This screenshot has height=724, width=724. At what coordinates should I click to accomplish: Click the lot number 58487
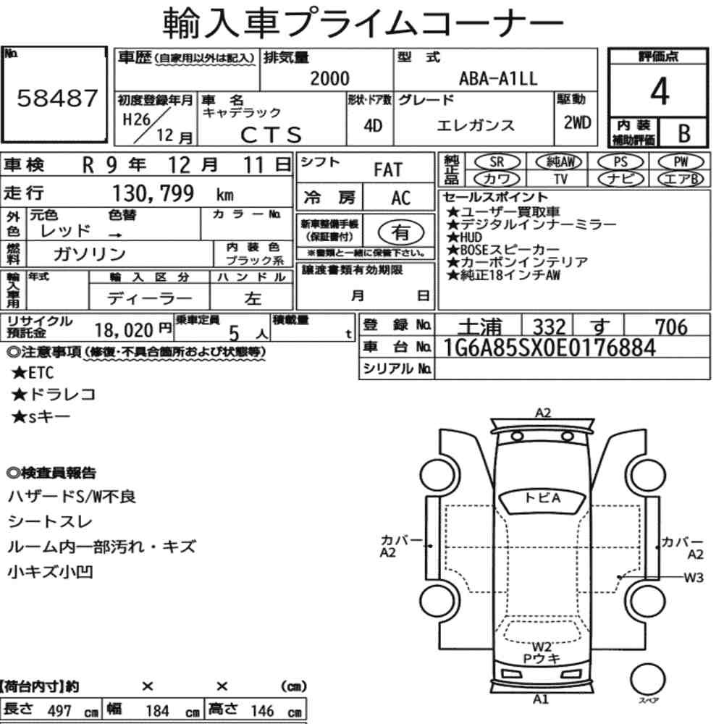tap(57, 98)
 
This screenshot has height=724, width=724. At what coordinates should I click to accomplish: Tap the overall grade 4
tap(660, 91)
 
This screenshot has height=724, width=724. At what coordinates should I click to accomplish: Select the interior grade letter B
tap(684, 133)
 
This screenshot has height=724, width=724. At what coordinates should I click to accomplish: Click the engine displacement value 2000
tap(329, 78)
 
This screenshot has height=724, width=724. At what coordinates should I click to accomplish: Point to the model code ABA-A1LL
tap(498, 78)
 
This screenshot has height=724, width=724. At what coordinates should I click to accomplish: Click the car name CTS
tap(271, 135)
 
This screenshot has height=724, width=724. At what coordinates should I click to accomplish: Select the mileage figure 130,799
tap(153, 193)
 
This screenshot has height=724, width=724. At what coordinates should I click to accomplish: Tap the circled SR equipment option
tap(497, 162)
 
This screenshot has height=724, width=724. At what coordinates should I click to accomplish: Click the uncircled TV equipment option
tap(560, 179)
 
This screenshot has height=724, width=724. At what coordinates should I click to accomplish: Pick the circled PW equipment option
tap(681, 162)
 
